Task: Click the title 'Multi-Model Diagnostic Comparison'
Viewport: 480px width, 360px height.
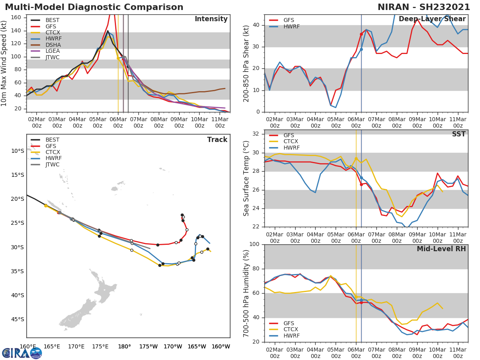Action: point(94,7)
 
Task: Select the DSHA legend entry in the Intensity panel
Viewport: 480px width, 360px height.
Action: point(53,45)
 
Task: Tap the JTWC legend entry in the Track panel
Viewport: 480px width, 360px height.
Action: point(52,164)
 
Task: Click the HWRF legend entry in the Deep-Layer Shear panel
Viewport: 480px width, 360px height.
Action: point(291,26)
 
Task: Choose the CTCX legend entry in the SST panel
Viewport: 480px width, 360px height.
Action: point(290,142)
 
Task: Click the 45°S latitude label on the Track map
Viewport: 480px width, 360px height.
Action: point(17,319)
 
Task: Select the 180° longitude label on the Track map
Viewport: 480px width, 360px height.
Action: point(124,346)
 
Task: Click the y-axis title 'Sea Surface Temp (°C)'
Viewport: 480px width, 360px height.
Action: point(246,178)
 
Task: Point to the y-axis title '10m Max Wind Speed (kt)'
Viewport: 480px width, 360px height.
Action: point(4,63)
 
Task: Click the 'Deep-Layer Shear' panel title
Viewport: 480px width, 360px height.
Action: point(432,19)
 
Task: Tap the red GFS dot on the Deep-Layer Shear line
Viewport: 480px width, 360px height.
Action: point(361,34)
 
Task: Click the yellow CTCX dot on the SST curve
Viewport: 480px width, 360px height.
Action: point(356,158)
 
